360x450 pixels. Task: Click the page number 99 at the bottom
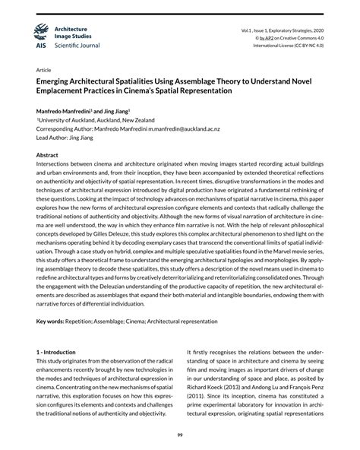pos(180,434)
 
